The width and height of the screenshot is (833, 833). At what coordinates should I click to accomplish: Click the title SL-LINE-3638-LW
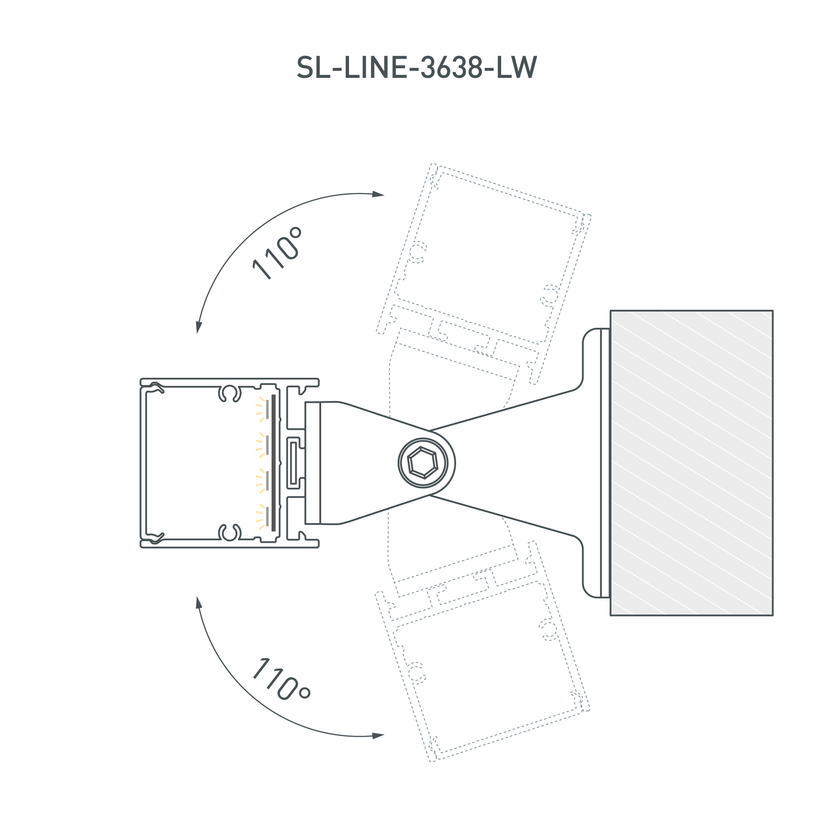pos(416,68)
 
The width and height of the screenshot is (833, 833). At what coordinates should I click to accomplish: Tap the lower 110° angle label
pos(280,680)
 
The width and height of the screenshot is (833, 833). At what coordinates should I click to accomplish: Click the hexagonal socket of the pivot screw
pos(422,463)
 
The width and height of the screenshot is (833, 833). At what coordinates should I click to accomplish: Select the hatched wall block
pos(691,463)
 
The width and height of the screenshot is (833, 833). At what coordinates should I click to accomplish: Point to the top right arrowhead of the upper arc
pos(378,194)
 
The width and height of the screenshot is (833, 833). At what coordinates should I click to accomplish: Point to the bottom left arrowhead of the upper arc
pos(199,327)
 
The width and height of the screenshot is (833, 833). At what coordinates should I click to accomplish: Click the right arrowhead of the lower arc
pos(378,736)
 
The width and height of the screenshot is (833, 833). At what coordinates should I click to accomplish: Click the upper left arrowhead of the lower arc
pos(199,603)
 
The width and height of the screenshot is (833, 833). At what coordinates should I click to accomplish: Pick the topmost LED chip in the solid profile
pos(267,409)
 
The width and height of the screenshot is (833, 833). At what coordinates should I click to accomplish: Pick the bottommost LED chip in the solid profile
pos(267,517)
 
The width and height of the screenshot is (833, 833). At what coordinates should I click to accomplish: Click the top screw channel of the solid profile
pos(229,393)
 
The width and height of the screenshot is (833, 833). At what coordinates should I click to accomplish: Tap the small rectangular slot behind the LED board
pos(293,463)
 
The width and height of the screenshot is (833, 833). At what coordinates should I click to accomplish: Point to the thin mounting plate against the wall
pos(605,463)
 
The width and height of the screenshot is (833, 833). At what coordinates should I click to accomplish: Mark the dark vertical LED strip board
pos(274,463)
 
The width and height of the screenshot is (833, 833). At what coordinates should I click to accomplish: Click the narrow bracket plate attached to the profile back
pos(313,463)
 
